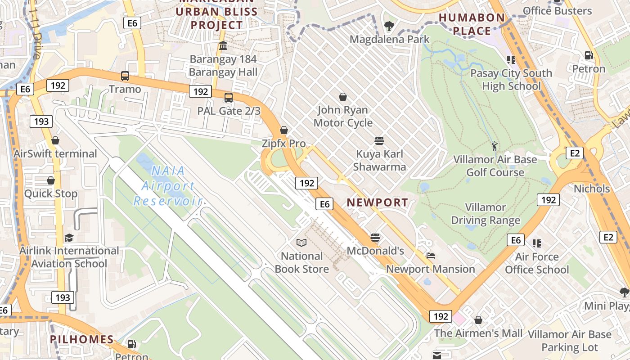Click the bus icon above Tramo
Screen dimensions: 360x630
coord(125,76)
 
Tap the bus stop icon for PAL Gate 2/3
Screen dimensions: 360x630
coord(229,97)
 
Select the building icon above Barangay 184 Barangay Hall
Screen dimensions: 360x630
coord(223,46)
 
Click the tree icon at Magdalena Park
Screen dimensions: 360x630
coord(389,27)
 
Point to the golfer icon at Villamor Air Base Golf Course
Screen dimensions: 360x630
coord(495,146)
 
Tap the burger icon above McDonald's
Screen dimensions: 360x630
coord(375,238)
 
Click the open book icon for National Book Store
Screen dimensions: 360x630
coord(301,243)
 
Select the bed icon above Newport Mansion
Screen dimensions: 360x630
coord(431,256)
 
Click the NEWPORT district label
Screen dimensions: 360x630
coord(378,202)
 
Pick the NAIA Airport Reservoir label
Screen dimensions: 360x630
coord(167,185)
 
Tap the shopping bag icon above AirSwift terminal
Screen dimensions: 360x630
coord(55,141)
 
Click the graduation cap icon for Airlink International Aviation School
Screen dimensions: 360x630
coord(69,238)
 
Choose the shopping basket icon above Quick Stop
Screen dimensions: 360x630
coord(51,181)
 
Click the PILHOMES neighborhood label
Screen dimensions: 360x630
coord(81,339)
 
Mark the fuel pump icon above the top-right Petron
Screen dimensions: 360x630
coord(589,55)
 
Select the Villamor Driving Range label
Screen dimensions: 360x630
coord(486,214)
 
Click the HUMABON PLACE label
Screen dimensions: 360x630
coord(472,24)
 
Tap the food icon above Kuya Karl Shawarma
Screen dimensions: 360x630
coord(379,141)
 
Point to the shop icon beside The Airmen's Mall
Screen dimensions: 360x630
coord(478,320)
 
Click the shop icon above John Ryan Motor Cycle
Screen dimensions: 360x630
coord(343,97)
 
